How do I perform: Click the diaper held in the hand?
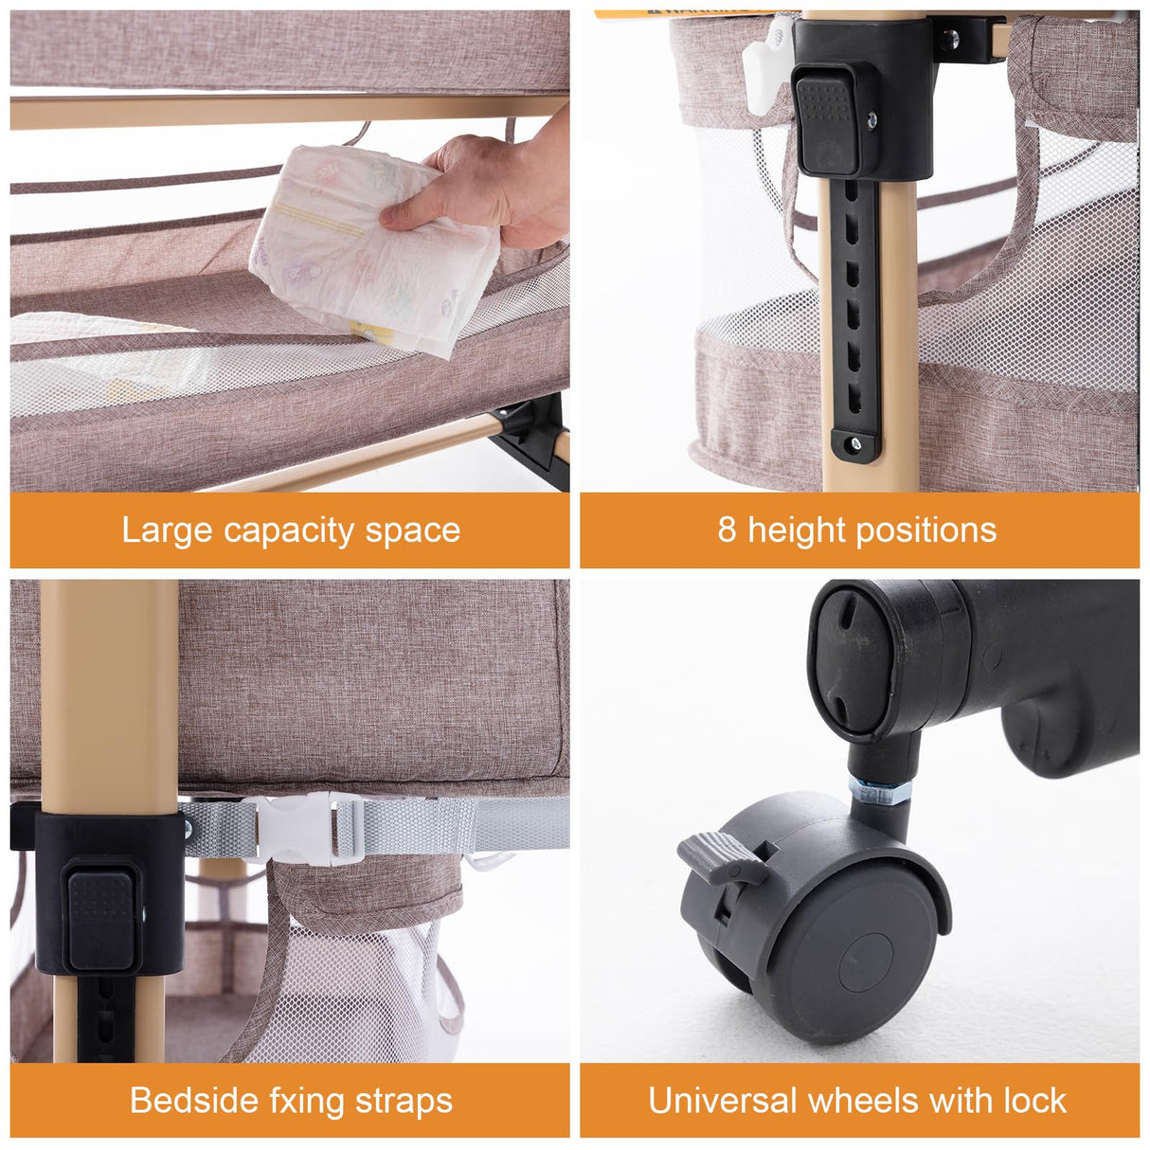tap(369, 251)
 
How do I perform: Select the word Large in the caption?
tap(167, 530)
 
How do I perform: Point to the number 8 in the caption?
tap(727, 530)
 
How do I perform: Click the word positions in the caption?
tap(934, 530)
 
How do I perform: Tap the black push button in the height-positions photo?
tap(827, 123)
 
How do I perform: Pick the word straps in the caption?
tap(404, 1102)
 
